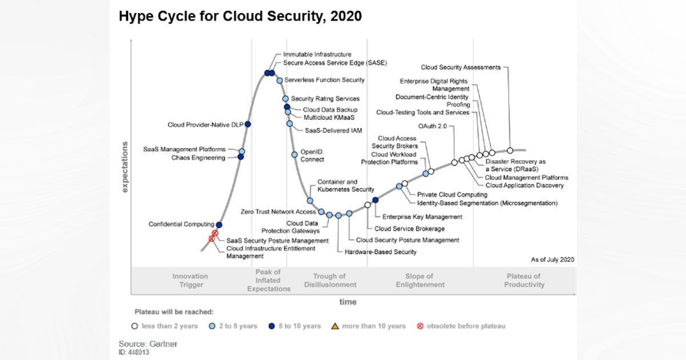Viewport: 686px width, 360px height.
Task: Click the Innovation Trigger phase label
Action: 190,281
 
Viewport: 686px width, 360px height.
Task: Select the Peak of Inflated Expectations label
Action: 269,281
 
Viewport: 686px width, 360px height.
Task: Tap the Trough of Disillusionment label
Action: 330,281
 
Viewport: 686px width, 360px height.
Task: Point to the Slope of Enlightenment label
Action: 420,281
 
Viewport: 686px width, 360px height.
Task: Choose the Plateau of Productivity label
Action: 524,281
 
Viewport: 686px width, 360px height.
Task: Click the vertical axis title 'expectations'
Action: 125,167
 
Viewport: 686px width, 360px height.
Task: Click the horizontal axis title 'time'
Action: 348,302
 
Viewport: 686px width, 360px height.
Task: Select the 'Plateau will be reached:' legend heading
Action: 174,312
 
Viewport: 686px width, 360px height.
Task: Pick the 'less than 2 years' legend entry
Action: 169,326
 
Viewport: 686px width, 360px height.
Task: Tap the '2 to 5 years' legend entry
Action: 238,326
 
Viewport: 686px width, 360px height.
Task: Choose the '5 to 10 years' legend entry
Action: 300,326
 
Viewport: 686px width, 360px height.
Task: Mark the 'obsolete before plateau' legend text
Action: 466,326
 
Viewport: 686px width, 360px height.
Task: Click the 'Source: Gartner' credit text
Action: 148,344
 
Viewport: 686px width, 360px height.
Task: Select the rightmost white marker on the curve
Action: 510,150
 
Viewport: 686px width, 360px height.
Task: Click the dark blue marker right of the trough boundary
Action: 375,200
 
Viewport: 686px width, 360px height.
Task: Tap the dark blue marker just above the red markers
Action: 219,225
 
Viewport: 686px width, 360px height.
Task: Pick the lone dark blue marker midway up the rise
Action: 248,124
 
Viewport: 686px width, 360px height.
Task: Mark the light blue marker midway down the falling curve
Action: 294,154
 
